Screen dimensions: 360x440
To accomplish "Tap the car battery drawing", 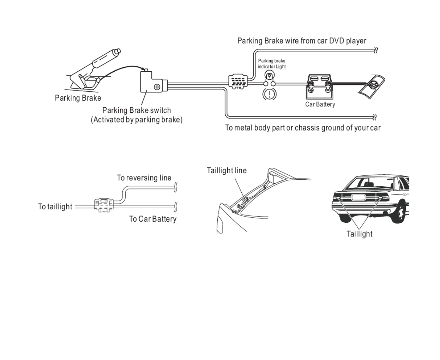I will (319, 87).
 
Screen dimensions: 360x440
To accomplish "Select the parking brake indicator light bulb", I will (270, 76).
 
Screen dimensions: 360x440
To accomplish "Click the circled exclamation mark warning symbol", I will (270, 94).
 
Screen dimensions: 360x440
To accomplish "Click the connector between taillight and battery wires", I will (104, 204).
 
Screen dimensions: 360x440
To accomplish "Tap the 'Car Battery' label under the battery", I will (320, 104).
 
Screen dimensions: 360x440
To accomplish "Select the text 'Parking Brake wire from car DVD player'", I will (302, 41).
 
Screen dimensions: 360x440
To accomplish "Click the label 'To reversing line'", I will (144, 178).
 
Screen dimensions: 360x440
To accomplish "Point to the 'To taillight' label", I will (55, 206).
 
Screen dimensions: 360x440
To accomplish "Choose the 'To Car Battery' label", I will (152, 219).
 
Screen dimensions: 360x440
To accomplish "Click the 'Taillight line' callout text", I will (227, 171).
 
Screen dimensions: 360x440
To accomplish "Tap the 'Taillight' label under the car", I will (359, 234).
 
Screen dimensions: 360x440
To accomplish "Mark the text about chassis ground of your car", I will (303, 128).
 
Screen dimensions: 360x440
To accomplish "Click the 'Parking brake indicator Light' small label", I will (271, 64).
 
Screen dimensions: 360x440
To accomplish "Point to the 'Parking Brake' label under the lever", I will (78, 98).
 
